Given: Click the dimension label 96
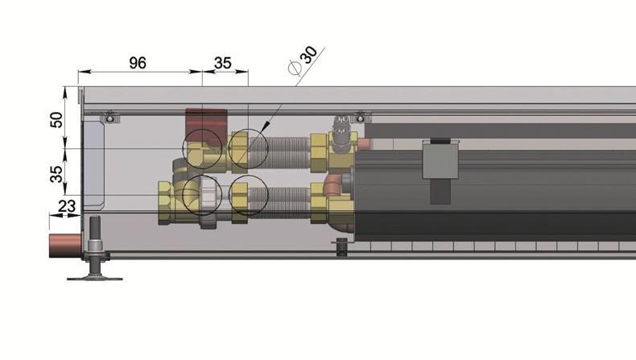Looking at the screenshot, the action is pos(138,63).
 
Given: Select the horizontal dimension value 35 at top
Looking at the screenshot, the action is pos(223,63).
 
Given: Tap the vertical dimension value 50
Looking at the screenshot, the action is pos(56,120).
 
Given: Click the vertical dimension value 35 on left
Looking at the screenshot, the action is pos(56,174).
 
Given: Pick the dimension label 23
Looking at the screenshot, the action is pos(67,206).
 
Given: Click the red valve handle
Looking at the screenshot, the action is pos(206,125).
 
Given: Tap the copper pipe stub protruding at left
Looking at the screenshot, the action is pos(65,245).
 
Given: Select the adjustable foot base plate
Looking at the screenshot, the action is pos(95,279).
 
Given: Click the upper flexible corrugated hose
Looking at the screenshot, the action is pos(279,152).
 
